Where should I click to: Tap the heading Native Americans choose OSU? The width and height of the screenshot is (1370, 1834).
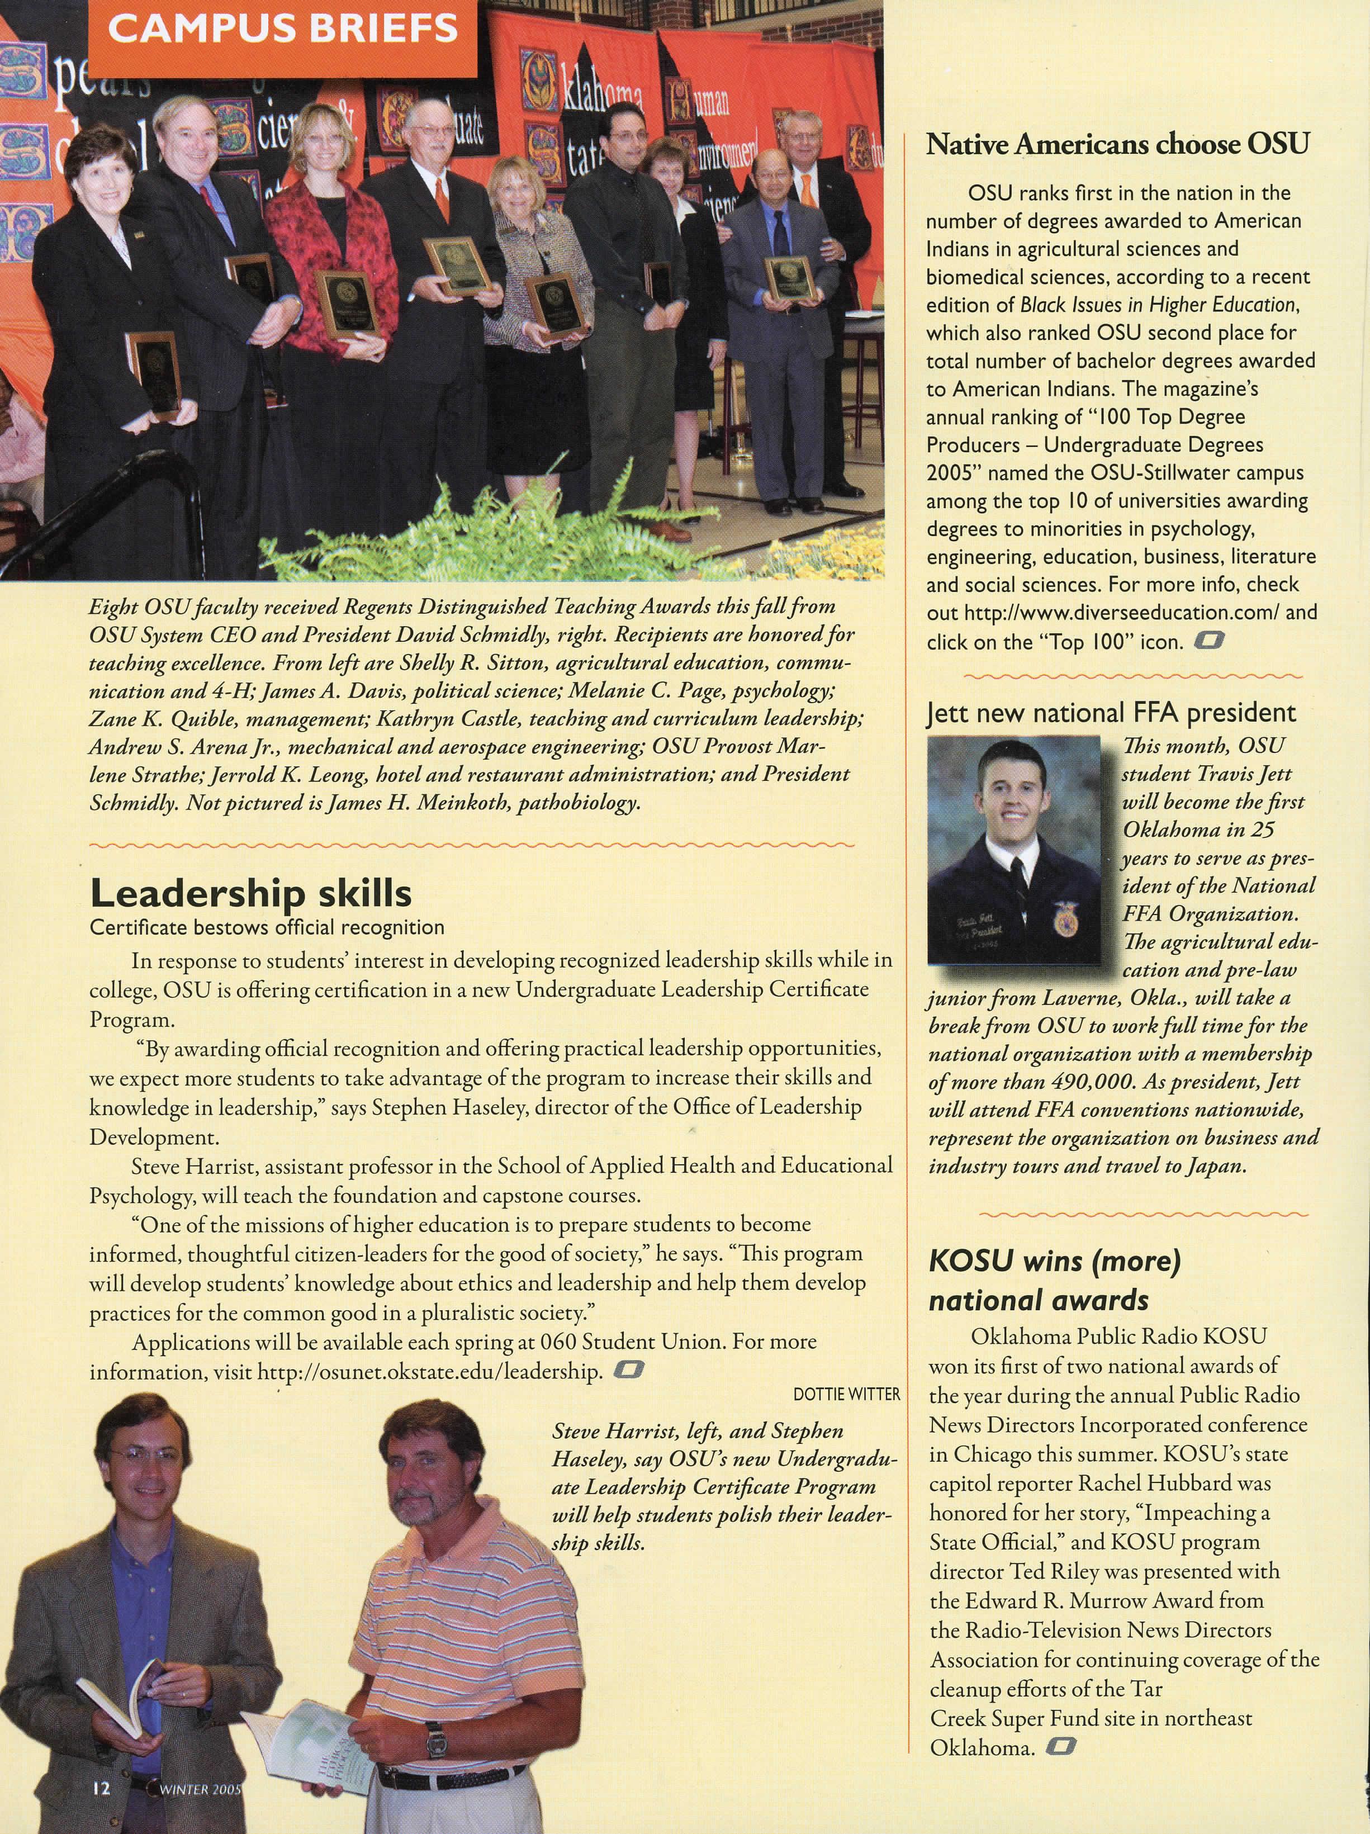coord(1117,144)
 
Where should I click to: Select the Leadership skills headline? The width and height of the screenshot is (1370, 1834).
coord(250,893)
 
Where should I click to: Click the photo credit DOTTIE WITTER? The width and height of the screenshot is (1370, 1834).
coord(846,1395)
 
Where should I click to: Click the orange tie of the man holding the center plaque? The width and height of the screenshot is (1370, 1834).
coord(442,198)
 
